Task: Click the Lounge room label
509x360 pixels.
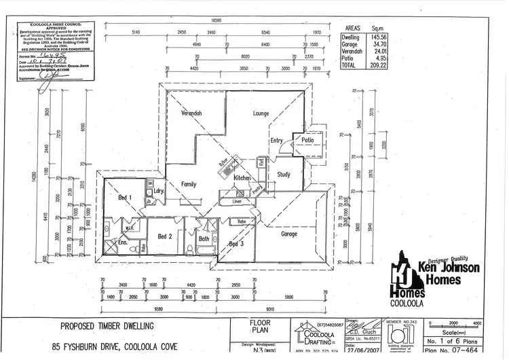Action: (x=262, y=113)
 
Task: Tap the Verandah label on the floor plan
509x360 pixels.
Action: (x=191, y=113)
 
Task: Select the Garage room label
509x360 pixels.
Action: (x=290, y=234)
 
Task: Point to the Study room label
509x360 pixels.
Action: (x=284, y=175)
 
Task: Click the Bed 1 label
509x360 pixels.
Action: (x=125, y=197)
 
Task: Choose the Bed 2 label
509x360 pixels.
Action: (x=164, y=236)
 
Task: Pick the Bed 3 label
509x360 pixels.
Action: (x=236, y=243)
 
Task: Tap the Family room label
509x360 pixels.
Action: (x=189, y=184)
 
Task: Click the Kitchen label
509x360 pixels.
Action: (x=242, y=177)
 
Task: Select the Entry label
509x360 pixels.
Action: (x=276, y=141)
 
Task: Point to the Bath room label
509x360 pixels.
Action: (x=204, y=238)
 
